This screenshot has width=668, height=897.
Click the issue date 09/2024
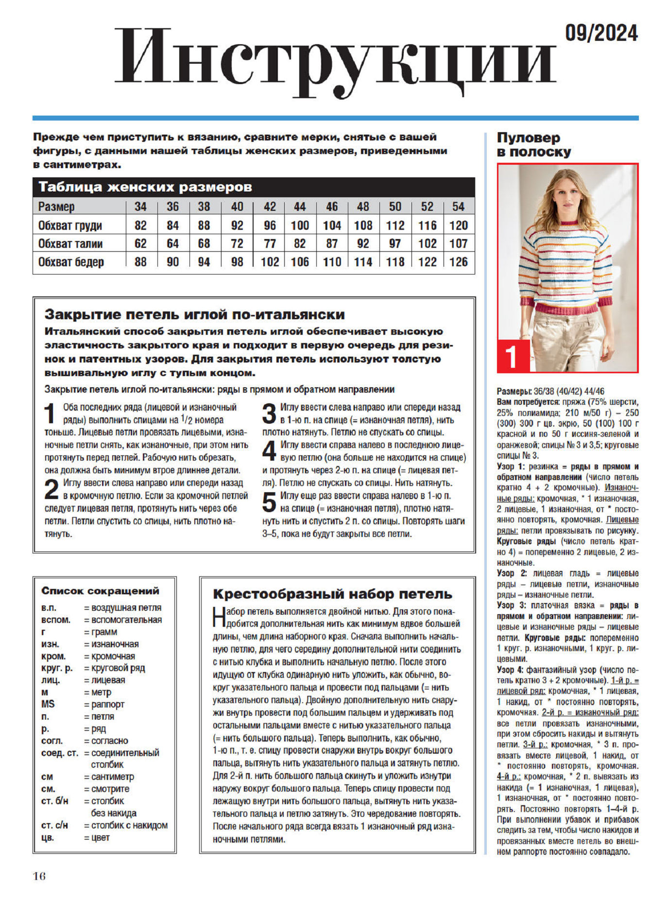click(601, 34)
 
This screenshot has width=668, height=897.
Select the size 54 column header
click(458, 207)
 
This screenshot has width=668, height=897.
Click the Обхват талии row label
click(70, 243)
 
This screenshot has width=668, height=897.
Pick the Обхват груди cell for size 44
click(300, 225)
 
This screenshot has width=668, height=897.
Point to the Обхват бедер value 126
click(458, 262)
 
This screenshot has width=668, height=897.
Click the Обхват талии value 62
click(140, 243)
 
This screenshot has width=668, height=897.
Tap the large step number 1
click(51, 414)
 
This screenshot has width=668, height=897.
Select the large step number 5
click(269, 502)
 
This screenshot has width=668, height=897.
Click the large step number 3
click(269, 414)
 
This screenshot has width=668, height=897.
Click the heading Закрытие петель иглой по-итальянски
click(194, 315)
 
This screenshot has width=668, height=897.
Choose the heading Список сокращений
click(100, 591)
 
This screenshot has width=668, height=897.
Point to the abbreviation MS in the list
click(48, 704)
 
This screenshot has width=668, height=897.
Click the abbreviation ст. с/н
click(54, 825)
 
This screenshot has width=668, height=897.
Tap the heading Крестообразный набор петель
click(332, 594)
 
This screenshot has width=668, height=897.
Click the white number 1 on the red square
click(513, 356)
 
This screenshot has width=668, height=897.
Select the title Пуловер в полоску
click(533, 145)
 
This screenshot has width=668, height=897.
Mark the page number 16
click(39, 876)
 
